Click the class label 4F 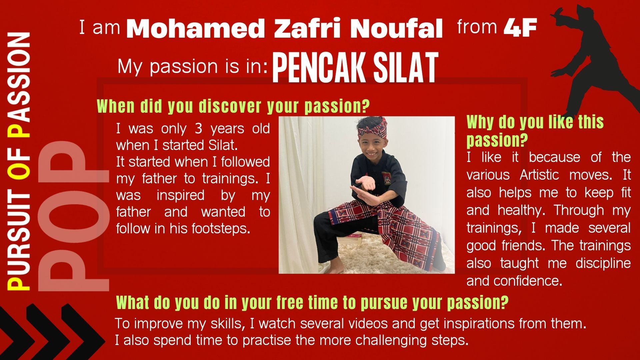click(520, 28)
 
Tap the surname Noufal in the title click(396, 29)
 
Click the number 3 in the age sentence click(198, 129)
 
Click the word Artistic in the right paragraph click(539, 175)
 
